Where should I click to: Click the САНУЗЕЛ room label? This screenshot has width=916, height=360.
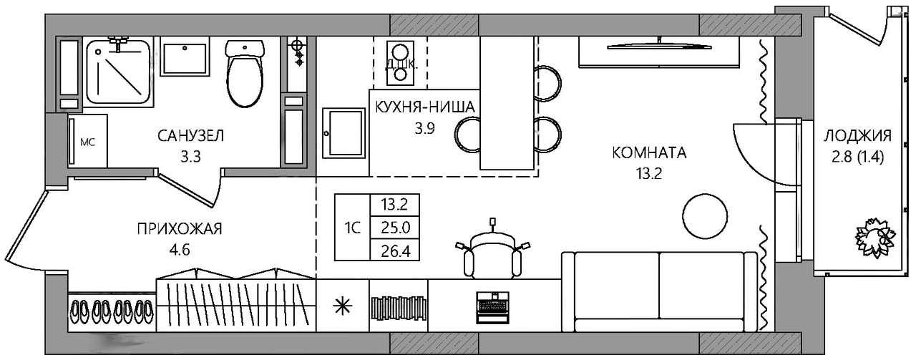point(190,136)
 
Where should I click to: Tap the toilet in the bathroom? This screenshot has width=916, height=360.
point(245,73)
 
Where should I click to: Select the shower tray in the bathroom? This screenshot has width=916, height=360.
point(119,72)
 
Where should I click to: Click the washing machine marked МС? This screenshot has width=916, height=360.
point(88,141)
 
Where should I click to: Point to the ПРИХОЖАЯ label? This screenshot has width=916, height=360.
point(180,228)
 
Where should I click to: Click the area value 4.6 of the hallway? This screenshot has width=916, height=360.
point(180,249)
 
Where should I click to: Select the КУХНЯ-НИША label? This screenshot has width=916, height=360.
point(425,107)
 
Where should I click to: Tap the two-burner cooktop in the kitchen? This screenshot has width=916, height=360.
point(399,63)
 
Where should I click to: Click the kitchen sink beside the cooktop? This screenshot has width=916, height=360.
point(343,133)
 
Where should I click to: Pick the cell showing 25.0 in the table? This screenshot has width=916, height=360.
point(394,228)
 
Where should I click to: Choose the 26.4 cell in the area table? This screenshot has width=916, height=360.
point(394,250)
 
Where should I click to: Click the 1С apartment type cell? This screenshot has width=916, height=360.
point(352,228)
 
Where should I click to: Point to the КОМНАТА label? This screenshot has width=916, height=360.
point(649,153)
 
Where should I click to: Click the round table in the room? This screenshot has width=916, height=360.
point(705,215)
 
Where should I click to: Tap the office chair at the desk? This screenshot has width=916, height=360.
point(493,253)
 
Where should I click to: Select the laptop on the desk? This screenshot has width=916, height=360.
point(493,307)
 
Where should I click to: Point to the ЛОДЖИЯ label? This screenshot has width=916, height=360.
point(857,135)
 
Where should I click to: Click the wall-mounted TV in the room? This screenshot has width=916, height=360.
point(659,45)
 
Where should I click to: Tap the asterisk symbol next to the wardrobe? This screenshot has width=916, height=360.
point(343,306)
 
